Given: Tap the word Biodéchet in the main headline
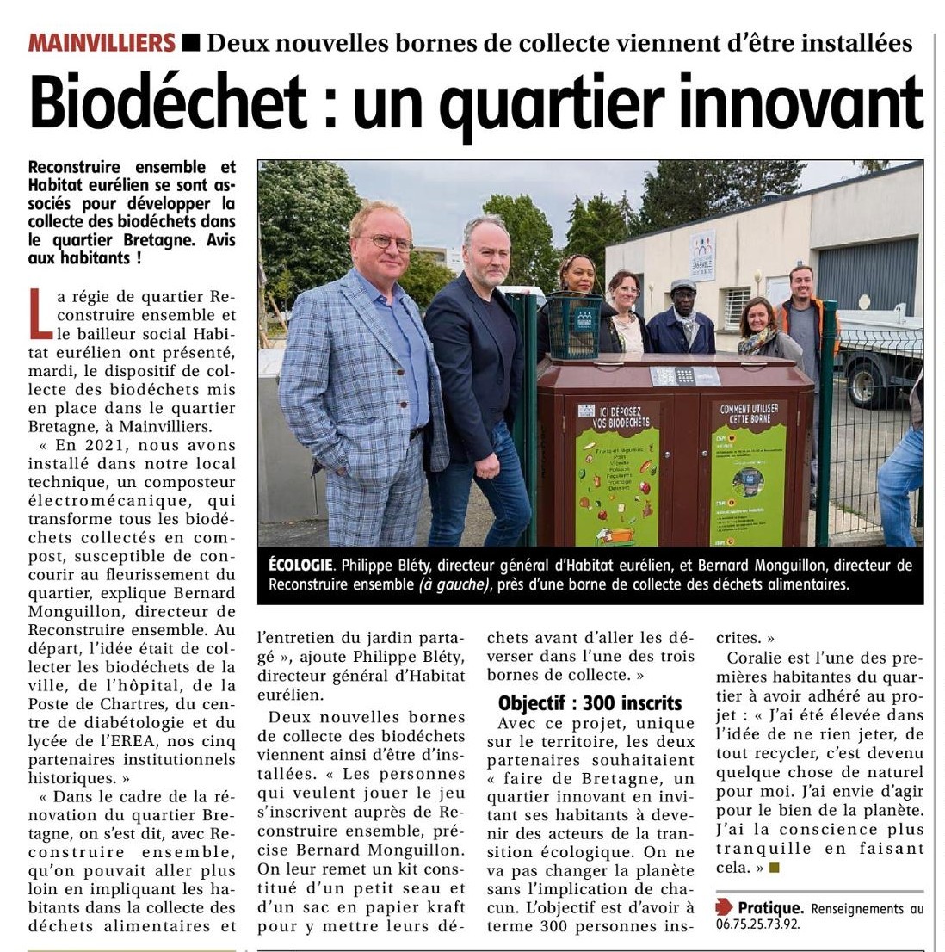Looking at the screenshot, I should (168, 102).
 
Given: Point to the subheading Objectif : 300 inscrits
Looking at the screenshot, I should (590, 702).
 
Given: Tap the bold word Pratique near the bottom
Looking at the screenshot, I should (770, 907).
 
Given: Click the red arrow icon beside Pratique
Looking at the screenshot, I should (724, 906).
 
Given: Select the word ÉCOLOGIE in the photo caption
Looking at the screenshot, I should (300, 566).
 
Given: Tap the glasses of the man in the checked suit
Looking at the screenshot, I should (392, 243).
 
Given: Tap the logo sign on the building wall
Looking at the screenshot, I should (702, 255).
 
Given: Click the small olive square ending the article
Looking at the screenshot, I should (774, 868).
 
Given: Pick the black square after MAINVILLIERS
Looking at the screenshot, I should (192, 41).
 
